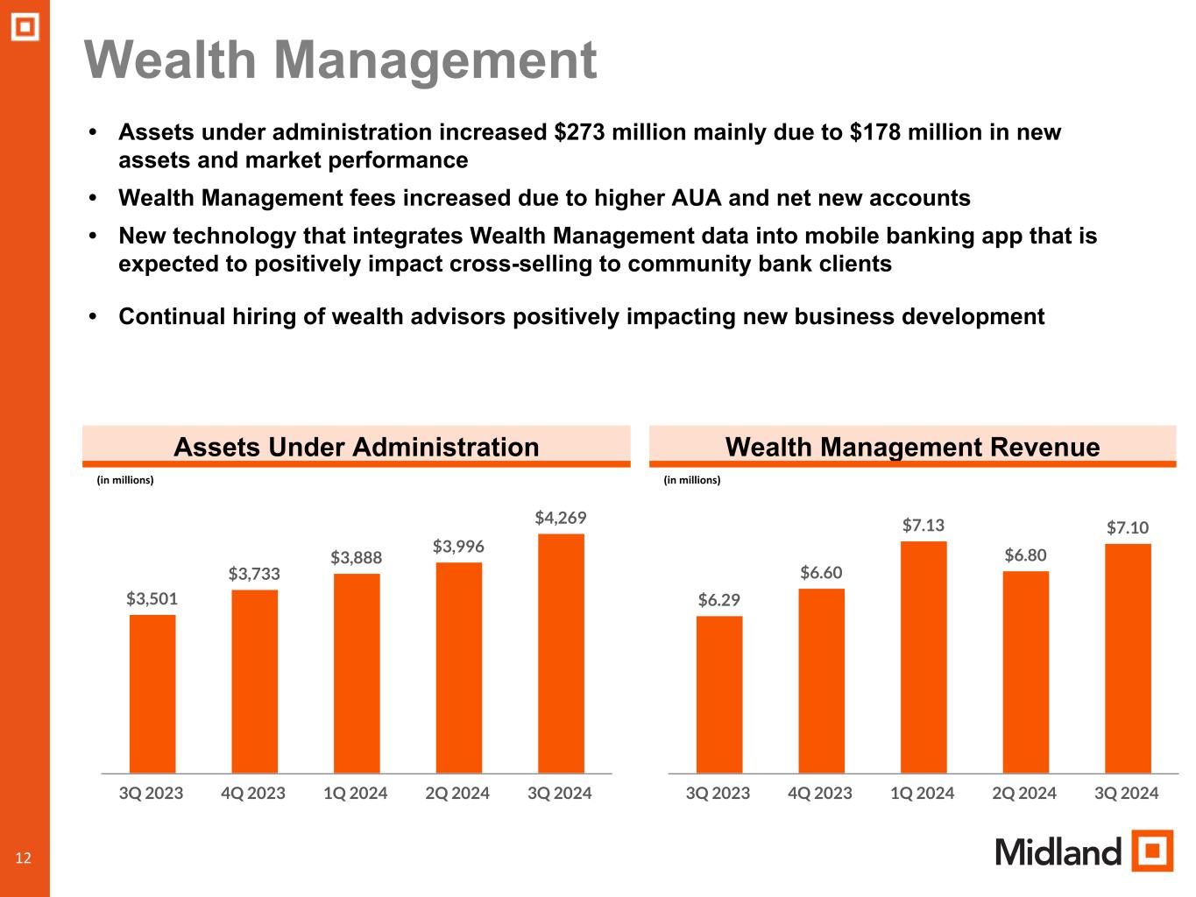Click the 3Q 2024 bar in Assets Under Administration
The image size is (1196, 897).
[x=561, y=653]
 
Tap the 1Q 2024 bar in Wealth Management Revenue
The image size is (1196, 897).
[x=924, y=657]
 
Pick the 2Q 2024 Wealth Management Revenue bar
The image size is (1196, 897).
[x=1025, y=672]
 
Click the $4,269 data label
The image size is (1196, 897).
[x=561, y=518]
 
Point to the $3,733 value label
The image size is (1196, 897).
[x=254, y=574]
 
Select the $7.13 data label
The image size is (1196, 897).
[x=924, y=525]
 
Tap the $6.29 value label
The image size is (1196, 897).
[x=719, y=600]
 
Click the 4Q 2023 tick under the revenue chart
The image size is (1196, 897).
[x=820, y=794]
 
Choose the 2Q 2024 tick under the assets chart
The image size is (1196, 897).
[x=457, y=794]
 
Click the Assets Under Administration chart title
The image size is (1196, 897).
[x=356, y=447]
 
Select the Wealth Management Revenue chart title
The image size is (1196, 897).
[x=912, y=447]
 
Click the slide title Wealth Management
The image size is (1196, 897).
[x=341, y=60]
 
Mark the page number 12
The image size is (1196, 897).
[x=23, y=858]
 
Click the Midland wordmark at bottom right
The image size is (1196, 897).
[x=1058, y=851]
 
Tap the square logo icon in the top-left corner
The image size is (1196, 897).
[x=25, y=28]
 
